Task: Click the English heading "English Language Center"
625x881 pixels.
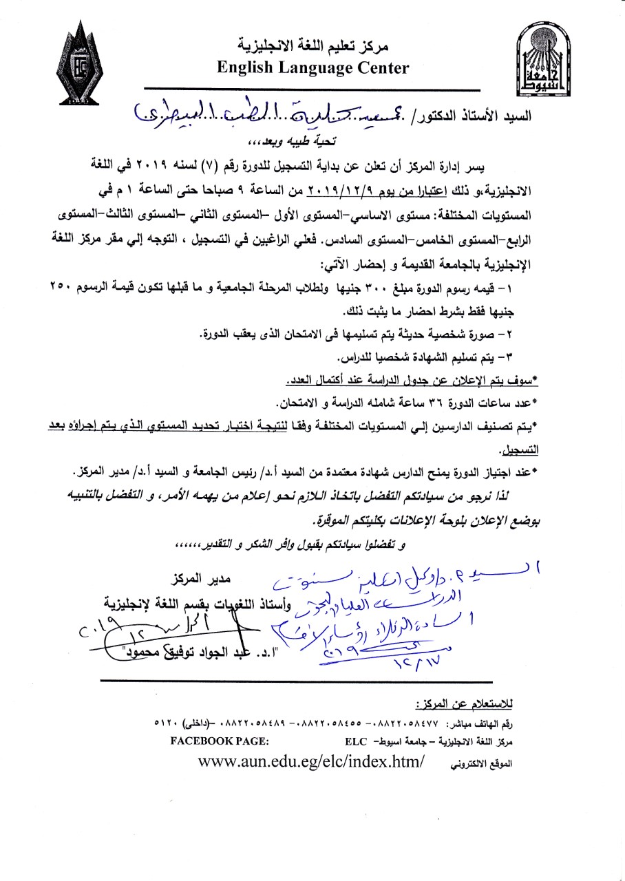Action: [x=312, y=68]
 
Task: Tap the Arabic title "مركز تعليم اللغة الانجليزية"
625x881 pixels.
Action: [x=313, y=47]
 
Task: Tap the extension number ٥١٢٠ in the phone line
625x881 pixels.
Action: [x=167, y=725]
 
